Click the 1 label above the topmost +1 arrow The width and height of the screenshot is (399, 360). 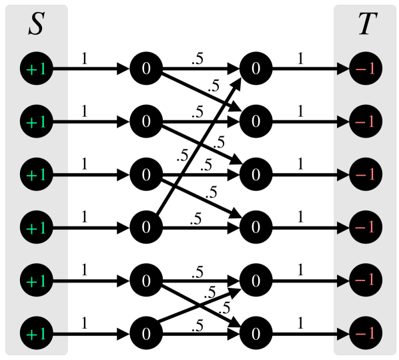tap(83, 59)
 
